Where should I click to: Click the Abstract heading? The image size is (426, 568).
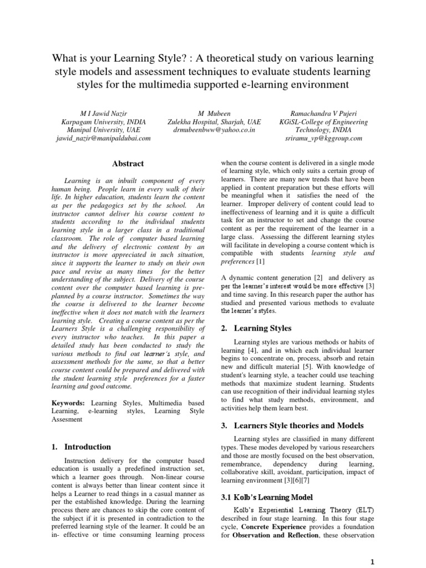128,164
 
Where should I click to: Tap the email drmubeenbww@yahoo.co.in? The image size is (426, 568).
214,130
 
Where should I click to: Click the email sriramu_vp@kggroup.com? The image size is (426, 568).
322,139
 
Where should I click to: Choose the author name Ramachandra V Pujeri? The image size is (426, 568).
322,114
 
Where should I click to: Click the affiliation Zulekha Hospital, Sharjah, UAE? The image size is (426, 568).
214,122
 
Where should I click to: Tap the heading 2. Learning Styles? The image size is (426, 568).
256,328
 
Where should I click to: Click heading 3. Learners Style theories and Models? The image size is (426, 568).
292,425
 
